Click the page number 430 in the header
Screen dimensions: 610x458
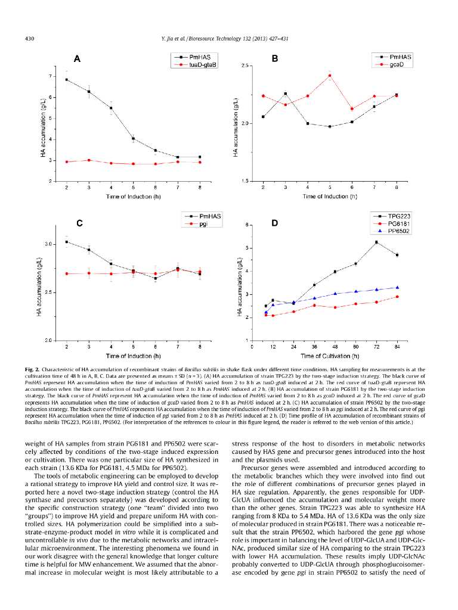pos(29,39)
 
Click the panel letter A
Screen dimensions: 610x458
pos(77,59)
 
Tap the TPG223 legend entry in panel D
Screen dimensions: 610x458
pos(399,216)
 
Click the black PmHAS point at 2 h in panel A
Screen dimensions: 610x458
pos(67,80)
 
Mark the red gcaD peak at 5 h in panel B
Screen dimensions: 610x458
pos(330,76)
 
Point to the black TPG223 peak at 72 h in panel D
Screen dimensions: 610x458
pos(376,242)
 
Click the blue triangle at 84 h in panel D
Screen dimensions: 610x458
pos(397,287)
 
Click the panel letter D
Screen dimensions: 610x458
pos(275,223)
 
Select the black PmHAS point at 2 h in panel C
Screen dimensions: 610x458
pos(67,242)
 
